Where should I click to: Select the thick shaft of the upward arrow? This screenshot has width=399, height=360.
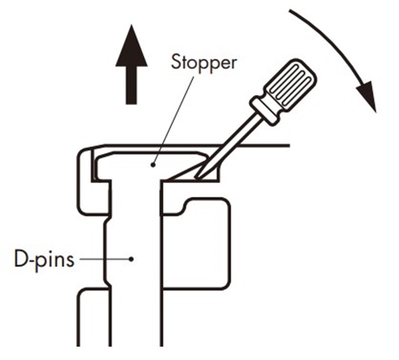(x=131, y=84)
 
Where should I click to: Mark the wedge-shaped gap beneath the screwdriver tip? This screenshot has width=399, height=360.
(x=185, y=174)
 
